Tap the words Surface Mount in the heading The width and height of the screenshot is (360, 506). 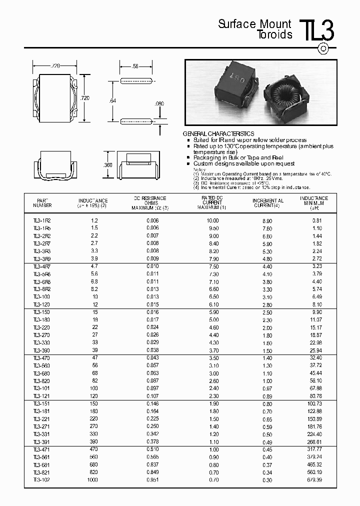click(x=254, y=24)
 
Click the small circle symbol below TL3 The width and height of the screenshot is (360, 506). click(x=323, y=48)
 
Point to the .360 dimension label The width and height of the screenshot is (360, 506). click(x=107, y=165)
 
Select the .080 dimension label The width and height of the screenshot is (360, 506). click(x=159, y=104)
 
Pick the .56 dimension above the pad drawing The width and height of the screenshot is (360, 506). click(x=135, y=66)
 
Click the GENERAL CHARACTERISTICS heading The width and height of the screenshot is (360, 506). click(x=218, y=134)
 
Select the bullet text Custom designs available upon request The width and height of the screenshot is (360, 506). click(x=244, y=163)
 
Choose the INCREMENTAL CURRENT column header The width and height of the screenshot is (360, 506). click(x=268, y=202)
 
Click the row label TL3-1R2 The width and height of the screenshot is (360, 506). click(x=42, y=220)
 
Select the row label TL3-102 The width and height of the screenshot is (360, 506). click(x=42, y=479)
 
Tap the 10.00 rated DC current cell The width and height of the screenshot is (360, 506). click(x=212, y=220)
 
